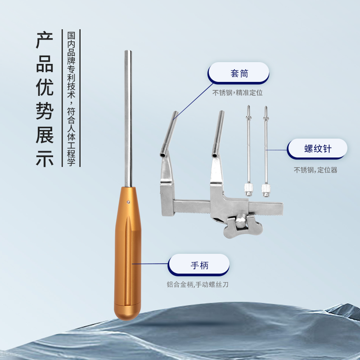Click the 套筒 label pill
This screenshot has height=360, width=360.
238,73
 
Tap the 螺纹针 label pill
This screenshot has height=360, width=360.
317,149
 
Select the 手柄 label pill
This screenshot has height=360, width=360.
199,265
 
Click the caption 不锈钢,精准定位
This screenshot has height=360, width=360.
238,93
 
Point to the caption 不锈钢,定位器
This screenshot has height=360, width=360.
315,170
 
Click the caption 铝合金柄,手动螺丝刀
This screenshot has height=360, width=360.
198,285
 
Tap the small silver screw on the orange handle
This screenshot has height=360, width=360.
128,202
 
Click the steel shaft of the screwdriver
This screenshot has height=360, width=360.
128,118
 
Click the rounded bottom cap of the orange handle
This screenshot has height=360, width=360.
127,312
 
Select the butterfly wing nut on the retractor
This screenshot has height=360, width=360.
243,227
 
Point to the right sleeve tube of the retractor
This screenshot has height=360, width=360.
218,134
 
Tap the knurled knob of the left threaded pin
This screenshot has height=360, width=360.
249,189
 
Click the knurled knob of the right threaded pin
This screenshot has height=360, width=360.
266,189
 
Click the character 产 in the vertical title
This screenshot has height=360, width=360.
45,40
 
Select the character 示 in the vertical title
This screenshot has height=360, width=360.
45,158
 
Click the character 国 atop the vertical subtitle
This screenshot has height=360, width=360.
71,36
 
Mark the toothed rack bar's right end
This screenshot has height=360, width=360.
283,208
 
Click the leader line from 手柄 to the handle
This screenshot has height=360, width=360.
150,264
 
